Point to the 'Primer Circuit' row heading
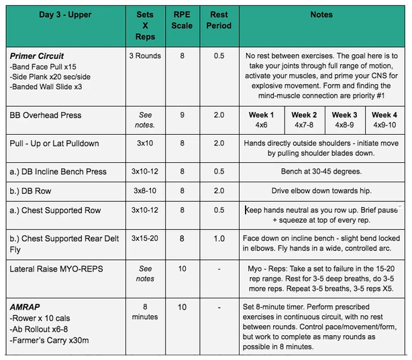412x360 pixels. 39,56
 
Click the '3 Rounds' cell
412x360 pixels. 144,56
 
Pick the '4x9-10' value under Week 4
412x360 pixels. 384,125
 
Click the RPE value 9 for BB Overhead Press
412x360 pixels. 181,115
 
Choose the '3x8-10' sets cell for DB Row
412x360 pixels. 144,191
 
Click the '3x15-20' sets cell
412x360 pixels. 144,238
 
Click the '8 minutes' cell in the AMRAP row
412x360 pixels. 144,312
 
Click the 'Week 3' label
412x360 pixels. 344,115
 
